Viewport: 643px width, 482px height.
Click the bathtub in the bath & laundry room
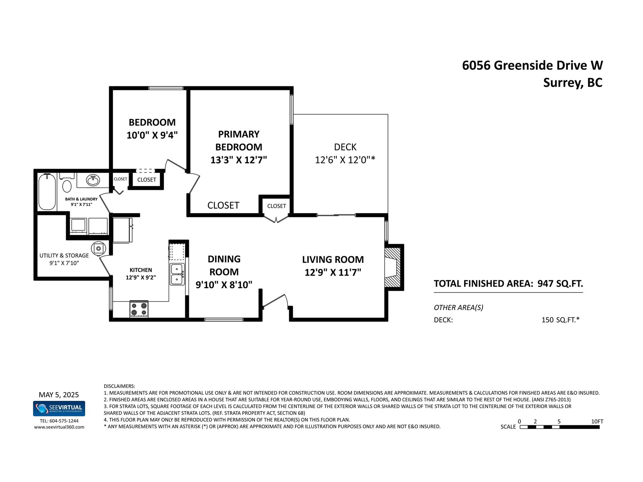(x=47, y=192)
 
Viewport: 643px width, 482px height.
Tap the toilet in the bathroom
(x=67, y=183)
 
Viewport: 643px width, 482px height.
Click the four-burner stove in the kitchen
(x=139, y=309)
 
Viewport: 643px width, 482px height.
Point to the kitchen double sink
(x=177, y=274)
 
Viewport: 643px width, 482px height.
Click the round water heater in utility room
(x=98, y=249)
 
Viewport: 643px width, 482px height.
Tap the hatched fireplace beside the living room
(x=393, y=267)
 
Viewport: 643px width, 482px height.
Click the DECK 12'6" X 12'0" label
(x=345, y=153)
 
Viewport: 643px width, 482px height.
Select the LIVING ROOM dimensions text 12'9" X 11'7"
(x=333, y=272)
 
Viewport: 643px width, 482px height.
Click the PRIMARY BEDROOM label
(x=239, y=141)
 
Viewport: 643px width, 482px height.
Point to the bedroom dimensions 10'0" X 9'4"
(x=152, y=135)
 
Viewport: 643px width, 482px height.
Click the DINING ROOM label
(x=224, y=266)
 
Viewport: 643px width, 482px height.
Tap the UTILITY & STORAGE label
(x=64, y=255)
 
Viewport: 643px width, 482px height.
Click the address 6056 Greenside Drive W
(x=532, y=65)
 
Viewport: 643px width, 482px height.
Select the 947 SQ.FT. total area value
(x=560, y=284)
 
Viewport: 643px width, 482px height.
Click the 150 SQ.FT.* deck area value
(x=560, y=320)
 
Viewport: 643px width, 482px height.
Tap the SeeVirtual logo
(x=59, y=408)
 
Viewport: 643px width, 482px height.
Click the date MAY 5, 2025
(x=59, y=395)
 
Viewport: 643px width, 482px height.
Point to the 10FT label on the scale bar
(x=597, y=421)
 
